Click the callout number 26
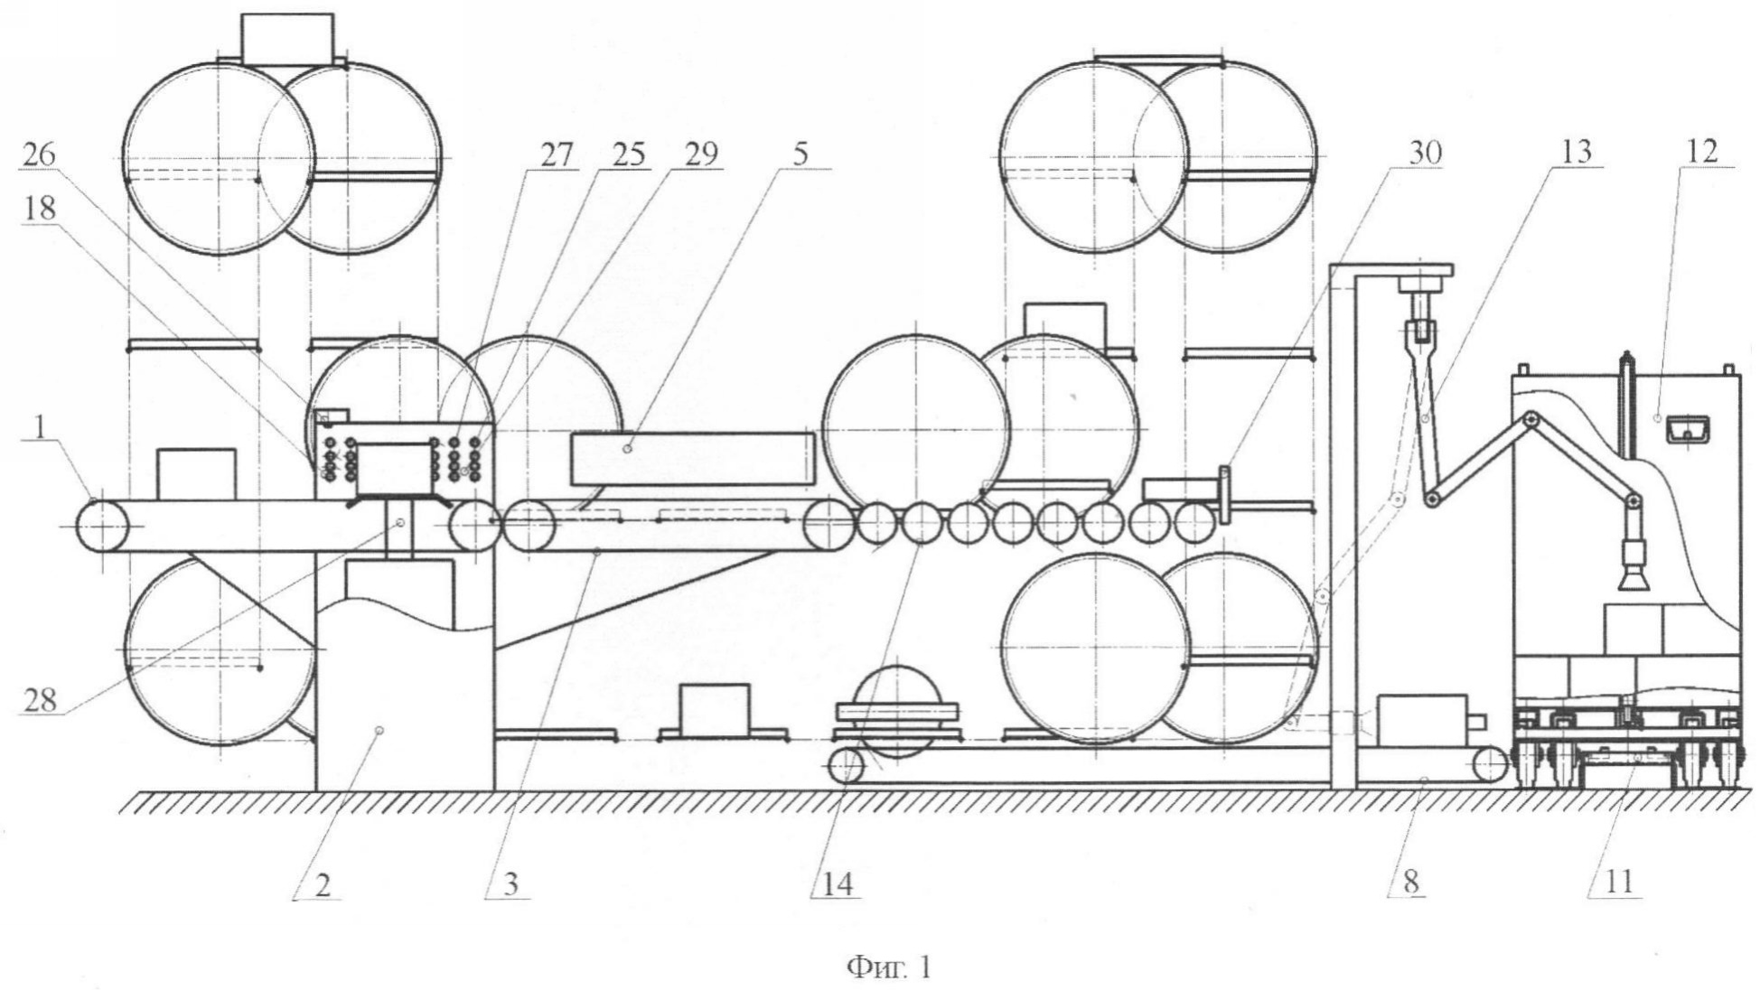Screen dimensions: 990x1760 39,155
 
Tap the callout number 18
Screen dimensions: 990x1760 39,209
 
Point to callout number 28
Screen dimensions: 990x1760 39,699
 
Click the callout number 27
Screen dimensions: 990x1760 557,154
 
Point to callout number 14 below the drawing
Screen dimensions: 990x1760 837,883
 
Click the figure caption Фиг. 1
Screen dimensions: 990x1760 888,968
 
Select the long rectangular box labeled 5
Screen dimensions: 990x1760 692,458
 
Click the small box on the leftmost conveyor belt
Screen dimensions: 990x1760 196,473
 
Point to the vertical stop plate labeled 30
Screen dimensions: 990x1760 1225,493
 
